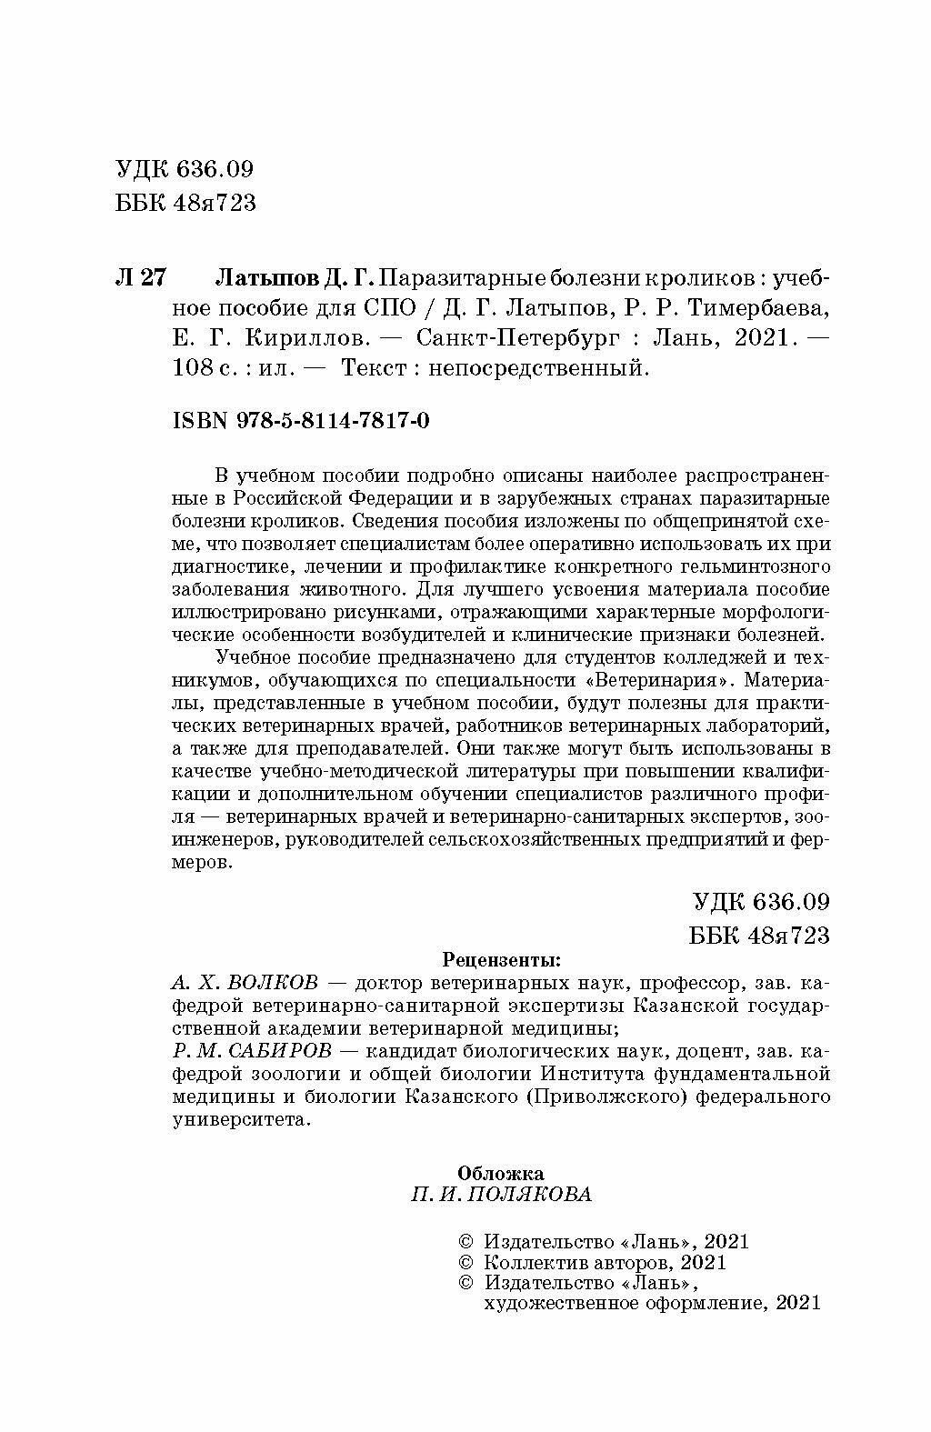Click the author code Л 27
(141, 276)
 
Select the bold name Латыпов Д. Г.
(298, 276)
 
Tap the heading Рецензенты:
(501, 960)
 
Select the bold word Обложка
(501, 1173)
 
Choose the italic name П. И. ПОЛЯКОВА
(501, 1195)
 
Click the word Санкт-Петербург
(518, 338)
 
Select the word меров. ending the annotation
(203, 863)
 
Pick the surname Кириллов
(307, 338)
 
